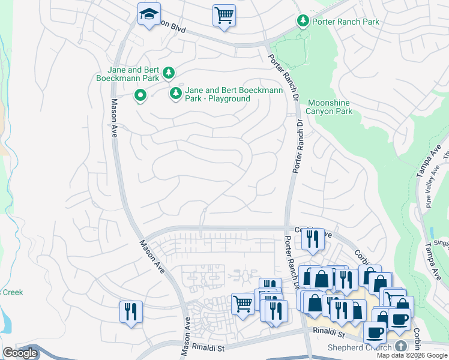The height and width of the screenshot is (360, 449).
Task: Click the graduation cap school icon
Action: click(x=149, y=14)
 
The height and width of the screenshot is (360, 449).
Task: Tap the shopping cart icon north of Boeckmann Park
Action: click(x=224, y=14)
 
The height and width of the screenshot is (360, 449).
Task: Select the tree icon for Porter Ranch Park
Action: click(x=303, y=22)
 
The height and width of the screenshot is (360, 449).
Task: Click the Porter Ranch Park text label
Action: click(x=346, y=22)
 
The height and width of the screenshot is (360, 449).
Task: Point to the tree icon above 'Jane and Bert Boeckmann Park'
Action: click(x=169, y=73)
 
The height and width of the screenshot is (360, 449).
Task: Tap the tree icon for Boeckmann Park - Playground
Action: click(x=176, y=93)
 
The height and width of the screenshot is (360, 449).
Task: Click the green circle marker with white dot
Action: click(x=140, y=95)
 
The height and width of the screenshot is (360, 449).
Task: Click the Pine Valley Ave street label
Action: click(x=430, y=191)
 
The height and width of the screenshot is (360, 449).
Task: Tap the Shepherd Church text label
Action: click(x=359, y=347)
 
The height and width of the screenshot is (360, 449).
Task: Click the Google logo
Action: click(x=20, y=353)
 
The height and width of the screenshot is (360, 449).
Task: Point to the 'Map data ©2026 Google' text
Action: click(x=412, y=355)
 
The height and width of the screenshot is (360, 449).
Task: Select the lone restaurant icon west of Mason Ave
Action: click(x=131, y=311)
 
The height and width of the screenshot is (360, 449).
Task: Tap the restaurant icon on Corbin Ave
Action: click(x=313, y=239)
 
